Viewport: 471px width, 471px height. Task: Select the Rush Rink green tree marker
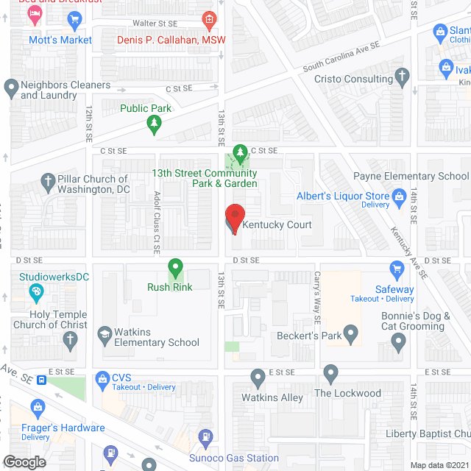175,268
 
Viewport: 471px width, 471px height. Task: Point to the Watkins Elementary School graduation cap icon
104,335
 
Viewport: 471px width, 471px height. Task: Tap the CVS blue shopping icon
102,379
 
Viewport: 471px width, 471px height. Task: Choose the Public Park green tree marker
153,124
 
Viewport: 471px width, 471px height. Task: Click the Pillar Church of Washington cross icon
48,180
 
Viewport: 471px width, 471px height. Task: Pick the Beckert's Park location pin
351,336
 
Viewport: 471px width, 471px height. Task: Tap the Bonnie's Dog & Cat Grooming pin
399,341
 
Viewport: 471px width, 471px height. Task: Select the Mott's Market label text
60,40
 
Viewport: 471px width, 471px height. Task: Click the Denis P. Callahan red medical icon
209,18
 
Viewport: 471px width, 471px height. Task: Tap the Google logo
24,461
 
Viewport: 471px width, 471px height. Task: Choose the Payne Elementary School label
411,176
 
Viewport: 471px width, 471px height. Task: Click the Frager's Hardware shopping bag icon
35,407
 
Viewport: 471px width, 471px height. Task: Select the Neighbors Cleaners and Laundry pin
11,88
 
